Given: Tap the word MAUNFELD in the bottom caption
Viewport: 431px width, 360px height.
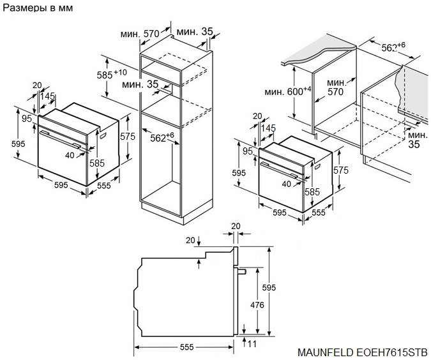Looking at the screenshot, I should tap(326, 352).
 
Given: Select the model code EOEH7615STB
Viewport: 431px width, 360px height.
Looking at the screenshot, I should tap(392, 352).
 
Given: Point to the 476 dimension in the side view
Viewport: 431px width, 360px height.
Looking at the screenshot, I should tap(257, 305).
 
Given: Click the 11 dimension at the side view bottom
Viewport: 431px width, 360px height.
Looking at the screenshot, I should tap(252, 344).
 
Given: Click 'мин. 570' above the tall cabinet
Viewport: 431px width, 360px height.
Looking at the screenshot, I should tap(140, 33).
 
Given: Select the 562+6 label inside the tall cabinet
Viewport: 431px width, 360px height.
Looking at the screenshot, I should tap(162, 137).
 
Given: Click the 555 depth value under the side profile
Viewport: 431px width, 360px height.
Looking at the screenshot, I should tap(186, 347).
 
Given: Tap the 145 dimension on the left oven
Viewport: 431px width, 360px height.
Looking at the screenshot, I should tap(47, 96).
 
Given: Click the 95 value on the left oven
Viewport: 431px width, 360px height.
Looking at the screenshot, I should tap(26, 118).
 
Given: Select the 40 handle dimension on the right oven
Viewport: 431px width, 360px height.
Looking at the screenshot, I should tap(287, 184).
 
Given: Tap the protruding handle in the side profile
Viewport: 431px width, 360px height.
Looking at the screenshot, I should tap(243, 271).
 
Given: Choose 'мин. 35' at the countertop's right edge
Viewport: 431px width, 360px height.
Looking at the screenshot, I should tap(418, 140).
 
